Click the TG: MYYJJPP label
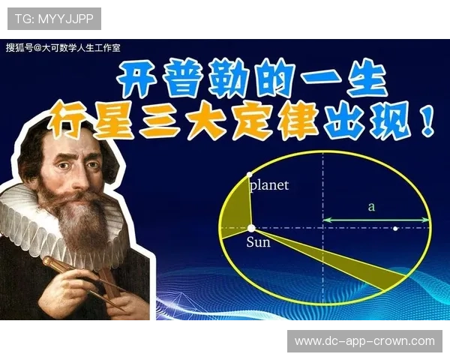53,18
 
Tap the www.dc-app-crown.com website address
364,341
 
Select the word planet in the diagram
268,184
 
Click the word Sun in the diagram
258,242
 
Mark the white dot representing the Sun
251,227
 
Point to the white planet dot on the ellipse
250,175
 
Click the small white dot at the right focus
395,228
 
